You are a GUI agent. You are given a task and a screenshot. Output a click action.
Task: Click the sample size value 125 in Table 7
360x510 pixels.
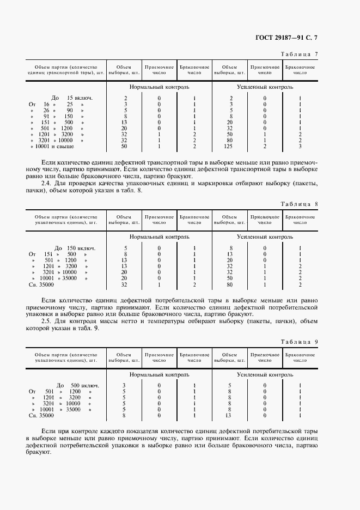point(231,147)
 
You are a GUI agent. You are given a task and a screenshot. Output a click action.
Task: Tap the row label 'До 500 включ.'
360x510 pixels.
point(76,385)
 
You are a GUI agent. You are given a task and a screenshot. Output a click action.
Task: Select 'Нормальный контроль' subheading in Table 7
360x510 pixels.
point(159,87)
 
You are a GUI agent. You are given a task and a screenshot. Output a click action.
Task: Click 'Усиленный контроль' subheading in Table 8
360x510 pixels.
point(265,237)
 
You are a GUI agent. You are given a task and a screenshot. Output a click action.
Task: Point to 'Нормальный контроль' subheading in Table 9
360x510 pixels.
point(159,375)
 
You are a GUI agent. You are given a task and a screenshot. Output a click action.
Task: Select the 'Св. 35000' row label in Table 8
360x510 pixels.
point(41,284)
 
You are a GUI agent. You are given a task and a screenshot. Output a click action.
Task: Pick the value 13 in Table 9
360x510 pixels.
point(231,415)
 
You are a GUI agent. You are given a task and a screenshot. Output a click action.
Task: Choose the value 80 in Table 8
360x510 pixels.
point(231,284)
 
